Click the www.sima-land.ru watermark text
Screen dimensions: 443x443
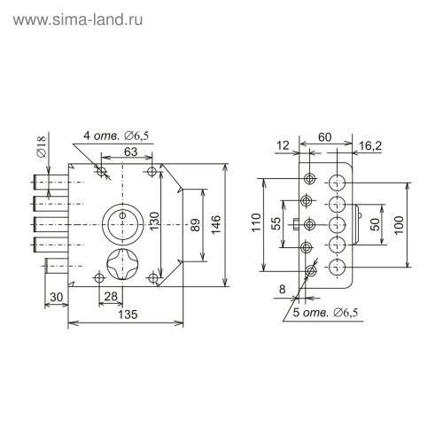[x=79, y=17]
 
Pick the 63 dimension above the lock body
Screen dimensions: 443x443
[x=128, y=153]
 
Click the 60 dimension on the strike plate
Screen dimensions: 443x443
[x=327, y=137]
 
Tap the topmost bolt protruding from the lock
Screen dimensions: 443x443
[x=50, y=183]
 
